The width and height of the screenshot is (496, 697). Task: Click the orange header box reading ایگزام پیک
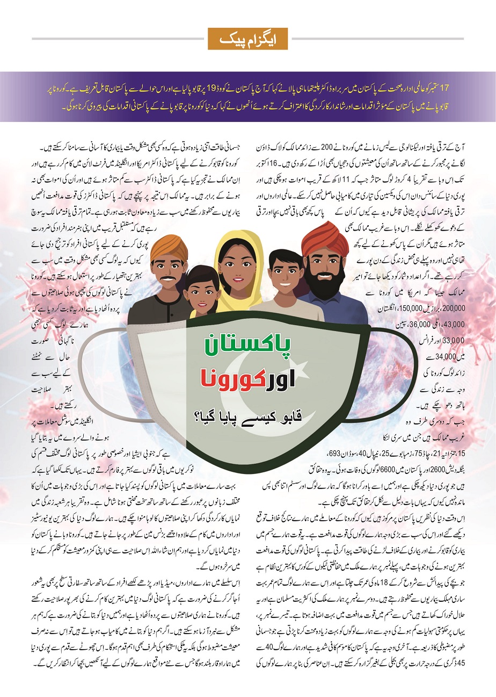pyautogui.click(x=247, y=39)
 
